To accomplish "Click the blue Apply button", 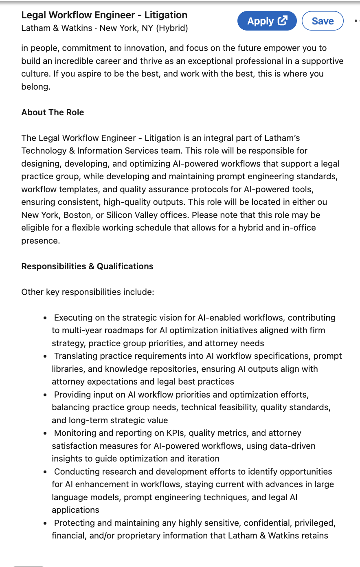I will point(267,21).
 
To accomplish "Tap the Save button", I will point(323,21).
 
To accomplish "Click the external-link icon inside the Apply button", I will point(282,20).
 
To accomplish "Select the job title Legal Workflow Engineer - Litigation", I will point(104,15).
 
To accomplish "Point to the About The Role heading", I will point(53,112).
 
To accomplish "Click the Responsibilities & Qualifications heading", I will point(87,266).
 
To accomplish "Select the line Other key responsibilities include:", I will point(88,292).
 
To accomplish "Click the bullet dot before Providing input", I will point(45,395).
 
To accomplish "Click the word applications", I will point(75,510).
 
